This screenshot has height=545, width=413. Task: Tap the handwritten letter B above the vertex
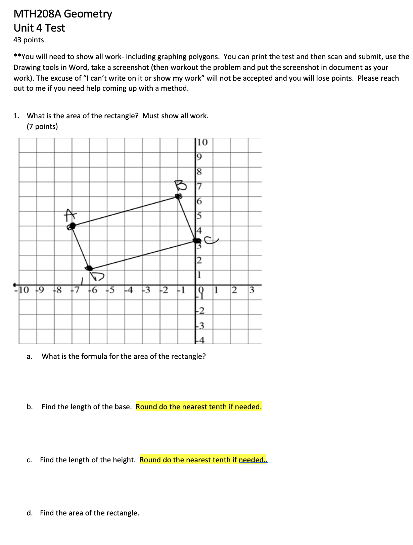[181, 185]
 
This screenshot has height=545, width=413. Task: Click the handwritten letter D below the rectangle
[98, 276]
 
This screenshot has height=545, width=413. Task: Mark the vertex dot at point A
[71, 226]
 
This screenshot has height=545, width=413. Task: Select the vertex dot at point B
[179, 197]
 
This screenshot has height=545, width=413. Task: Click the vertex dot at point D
[89, 268]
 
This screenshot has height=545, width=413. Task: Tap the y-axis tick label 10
[202, 142]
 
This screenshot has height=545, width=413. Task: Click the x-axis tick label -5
[110, 290]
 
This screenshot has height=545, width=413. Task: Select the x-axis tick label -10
[22, 290]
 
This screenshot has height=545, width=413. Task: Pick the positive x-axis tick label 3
[252, 290]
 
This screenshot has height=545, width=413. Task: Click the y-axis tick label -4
[200, 340]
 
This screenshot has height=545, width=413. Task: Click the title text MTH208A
[37, 14]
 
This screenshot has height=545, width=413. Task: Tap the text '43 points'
[29, 40]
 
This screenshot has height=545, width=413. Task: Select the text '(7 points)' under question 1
[42, 127]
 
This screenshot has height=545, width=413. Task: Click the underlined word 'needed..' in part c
[253, 460]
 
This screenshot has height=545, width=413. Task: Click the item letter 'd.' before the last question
[30, 513]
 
